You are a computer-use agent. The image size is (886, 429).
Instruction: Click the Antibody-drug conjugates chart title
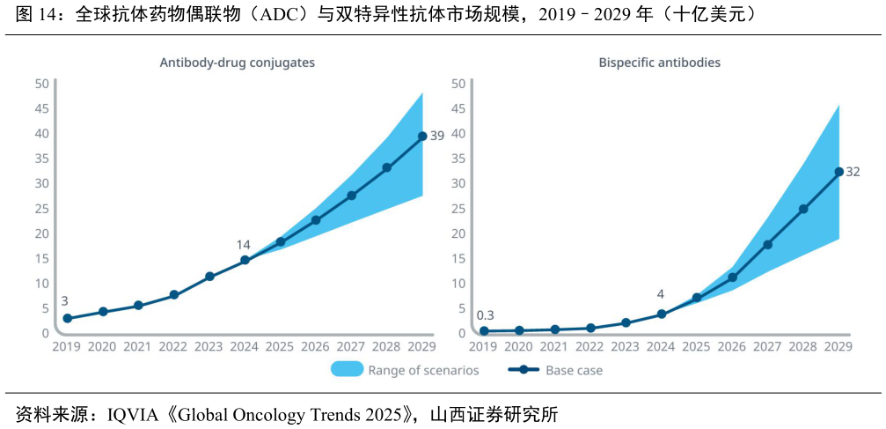point(237,63)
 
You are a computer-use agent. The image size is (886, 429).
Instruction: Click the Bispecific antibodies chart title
point(659,63)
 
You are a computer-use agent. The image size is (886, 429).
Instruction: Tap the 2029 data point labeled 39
point(422,136)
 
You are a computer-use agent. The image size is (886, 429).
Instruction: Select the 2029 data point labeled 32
point(838,172)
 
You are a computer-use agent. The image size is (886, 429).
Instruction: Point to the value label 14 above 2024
point(244,244)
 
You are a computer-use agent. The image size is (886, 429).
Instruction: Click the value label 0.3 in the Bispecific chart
point(485,315)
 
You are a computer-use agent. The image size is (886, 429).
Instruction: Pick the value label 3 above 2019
point(64,301)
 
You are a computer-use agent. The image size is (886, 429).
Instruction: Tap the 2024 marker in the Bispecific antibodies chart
point(661,314)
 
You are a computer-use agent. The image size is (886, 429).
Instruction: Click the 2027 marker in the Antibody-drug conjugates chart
point(351,196)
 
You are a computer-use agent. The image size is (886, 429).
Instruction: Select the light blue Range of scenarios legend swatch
point(347,370)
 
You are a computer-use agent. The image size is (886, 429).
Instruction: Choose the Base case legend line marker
point(524,370)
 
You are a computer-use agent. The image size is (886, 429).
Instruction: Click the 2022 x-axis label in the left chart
point(173,347)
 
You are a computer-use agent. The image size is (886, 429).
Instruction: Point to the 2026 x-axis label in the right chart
point(732,347)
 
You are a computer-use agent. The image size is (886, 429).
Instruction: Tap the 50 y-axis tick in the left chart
point(41,84)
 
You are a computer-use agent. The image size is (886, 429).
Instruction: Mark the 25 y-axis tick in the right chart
point(458,209)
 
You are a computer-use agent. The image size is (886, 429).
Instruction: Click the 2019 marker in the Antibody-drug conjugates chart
point(67,318)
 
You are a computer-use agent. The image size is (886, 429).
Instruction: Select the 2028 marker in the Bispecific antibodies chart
point(803,209)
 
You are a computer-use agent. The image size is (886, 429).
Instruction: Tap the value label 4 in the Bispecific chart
point(660,294)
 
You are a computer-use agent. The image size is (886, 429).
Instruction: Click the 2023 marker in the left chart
point(209,277)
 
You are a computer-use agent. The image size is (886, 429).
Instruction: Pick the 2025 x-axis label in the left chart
point(280,347)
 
